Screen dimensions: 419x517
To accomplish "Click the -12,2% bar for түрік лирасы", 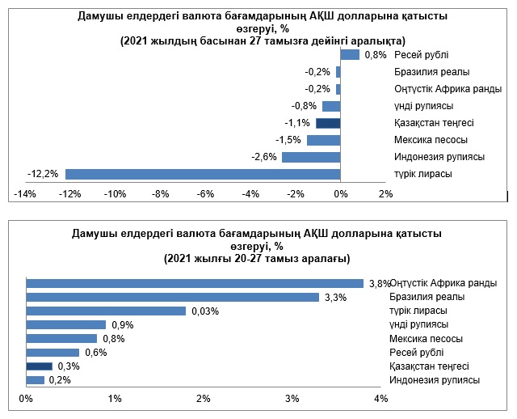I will (x=202, y=174).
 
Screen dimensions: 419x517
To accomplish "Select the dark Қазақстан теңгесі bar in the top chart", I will (x=328, y=123).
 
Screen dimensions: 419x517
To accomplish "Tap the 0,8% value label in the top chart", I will (x=376, y=55).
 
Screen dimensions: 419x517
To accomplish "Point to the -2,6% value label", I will (x=265, y=157).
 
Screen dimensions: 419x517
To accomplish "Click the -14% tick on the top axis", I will (x=24, y=194).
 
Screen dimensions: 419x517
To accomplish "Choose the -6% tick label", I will (x=204, y=194).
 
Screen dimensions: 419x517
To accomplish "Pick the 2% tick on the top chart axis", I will (x=385, y=194).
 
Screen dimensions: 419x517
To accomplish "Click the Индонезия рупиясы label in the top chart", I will (x=439, y=157).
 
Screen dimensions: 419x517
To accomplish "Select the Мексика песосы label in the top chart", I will (x=431, y=140).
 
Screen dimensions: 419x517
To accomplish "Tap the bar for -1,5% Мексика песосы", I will (x=323, y=140).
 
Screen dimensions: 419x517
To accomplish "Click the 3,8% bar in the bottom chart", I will (x=195, y=283).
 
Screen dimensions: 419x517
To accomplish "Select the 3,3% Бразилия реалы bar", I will (x=173, y=297).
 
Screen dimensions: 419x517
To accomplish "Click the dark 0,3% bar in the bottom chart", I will (x=40, y=366).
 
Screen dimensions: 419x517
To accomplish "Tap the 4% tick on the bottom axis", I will (x=381, y=399).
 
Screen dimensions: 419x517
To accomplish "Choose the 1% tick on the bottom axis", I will (x=115, y=399).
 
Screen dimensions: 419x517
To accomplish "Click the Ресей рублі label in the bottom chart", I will (x=416, y=353).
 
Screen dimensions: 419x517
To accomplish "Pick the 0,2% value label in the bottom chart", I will (x=60, y=380).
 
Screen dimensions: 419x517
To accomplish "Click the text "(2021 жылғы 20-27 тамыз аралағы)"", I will (x=256, y=259).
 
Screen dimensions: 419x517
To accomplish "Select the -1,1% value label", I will (x=300, y=123).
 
